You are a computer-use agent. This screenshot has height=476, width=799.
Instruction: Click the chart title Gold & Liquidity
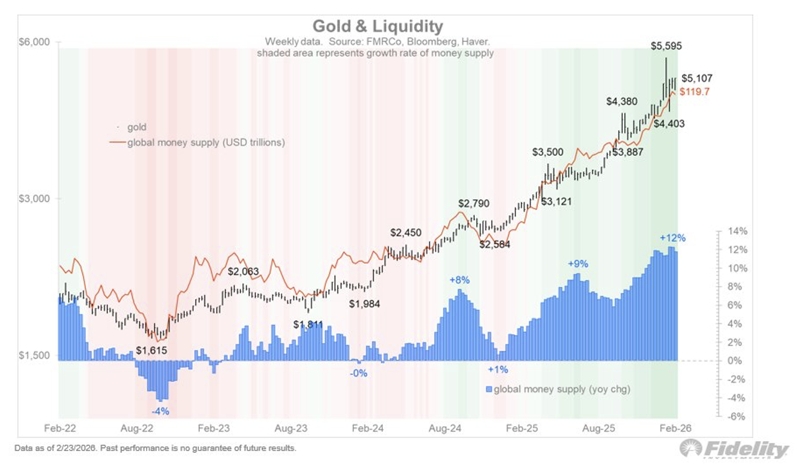click(x=377, y=26)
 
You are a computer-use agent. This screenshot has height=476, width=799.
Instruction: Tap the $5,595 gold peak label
click(x=666, y=46)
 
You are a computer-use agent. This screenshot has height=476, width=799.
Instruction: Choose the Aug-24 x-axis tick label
click(x=445, y=428)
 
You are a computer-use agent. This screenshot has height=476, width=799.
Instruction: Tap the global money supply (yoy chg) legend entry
click(x=561, y=389)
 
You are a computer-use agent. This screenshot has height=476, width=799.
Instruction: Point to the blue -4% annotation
click(x=160, y=411)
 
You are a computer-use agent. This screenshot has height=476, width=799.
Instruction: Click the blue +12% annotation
click(x=673, y=238)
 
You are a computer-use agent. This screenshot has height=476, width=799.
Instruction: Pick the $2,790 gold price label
click(x=474, y=203)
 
